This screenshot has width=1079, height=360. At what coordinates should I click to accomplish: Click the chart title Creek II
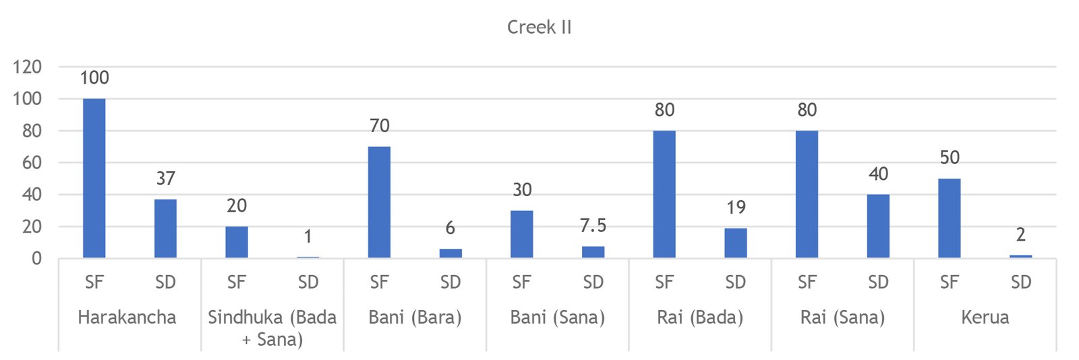pyautogui.click(x=539, y=28)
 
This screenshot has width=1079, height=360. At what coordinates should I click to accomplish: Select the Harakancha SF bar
pyautogui.click(x=94, y=178)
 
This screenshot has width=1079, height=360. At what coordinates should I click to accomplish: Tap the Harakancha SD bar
pyautogui.click(x=165, y=229)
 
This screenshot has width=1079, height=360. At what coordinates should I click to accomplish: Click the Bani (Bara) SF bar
pyautogui.click(x=379, y=202)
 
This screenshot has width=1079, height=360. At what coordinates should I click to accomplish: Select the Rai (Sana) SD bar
pyautogui.click(x=878, y=226)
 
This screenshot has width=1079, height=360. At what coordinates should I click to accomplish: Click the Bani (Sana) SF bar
pyautogui.click(x=522, y=234)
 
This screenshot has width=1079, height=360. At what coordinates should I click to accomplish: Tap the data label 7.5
pyautogui.click(x=593, y=226)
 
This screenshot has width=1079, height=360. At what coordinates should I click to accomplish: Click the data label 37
pyautogui.click(x=166, y=179)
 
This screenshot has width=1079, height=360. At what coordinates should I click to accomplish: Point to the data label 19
pyautogui.click(x=736, y=208)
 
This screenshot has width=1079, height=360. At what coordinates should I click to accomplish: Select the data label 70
pyautogui.click(x=380, y=126)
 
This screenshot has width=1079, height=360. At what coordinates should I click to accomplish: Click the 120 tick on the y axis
pyautogui.click(x=27, y=67)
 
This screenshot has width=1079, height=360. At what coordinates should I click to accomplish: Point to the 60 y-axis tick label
pyautogui.click(x=32, y=162)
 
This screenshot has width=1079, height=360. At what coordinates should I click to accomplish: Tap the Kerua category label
pyautogui.click(x=985, y=318)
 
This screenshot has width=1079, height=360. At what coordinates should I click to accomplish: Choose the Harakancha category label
pyautogui.click(x=127, y=318)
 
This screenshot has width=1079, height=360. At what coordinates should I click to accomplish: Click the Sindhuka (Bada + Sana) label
pyautogui.click(x=272, y=328)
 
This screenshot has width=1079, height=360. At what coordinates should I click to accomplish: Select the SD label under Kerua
pyautogui.click(x=1020, y=282)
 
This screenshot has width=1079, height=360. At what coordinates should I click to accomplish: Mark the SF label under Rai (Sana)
pyautogui.click(x=807, y=282)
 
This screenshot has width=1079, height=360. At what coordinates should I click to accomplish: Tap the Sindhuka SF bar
pyautogui.click(x=237, y=242)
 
